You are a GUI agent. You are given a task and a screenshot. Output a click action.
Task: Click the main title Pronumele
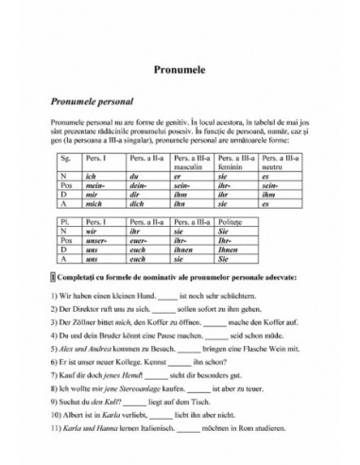pyautogui.click(x=180, y=70)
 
